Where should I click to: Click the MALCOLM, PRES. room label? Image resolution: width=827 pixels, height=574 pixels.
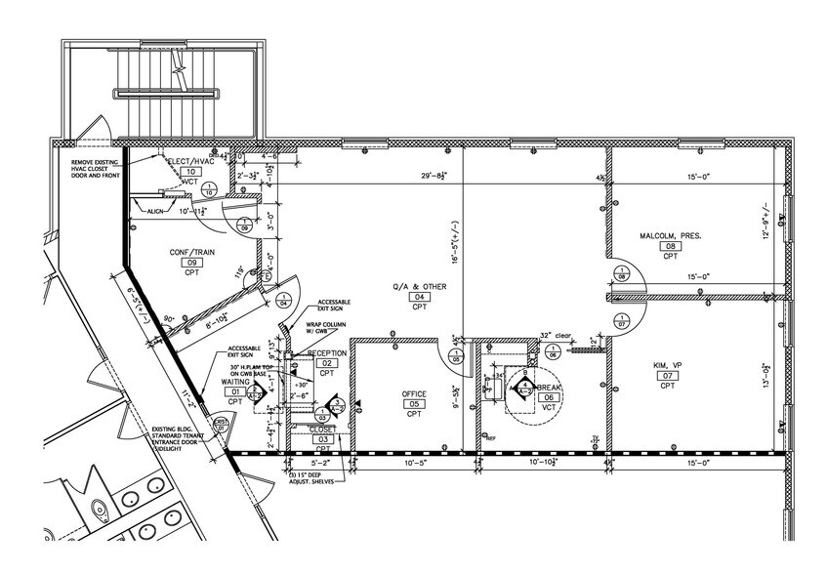(671, 236)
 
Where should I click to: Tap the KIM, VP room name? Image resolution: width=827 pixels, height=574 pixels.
(667, 365)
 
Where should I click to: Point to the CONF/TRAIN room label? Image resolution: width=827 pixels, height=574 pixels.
(191, 252)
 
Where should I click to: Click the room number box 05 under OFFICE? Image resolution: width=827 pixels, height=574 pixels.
(414, 404)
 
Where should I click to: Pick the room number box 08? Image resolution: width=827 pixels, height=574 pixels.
(670, 247)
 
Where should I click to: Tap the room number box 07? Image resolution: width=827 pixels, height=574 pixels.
(667, 376)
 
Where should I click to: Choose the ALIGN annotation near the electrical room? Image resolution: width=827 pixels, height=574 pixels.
(155, 211)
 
